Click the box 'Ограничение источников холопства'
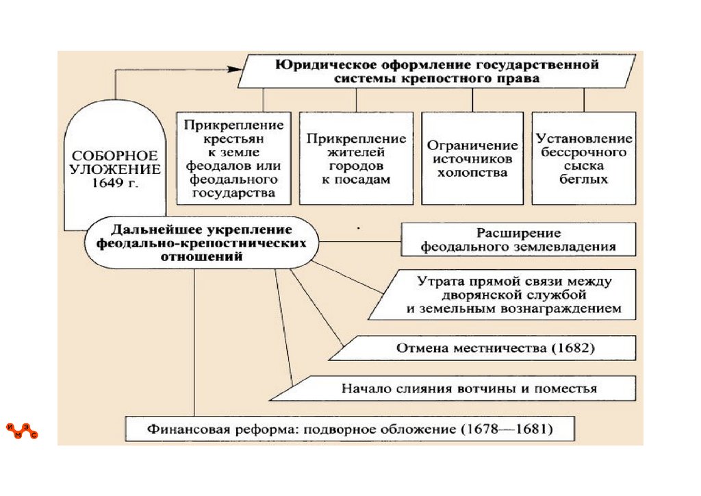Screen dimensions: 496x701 point(472,158)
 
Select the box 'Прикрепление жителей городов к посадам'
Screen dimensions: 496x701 point(356,158)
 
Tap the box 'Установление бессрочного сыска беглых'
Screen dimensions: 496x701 point(584,158)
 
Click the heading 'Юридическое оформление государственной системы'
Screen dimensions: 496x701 point(437,72)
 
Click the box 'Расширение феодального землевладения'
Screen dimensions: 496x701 point(518,239)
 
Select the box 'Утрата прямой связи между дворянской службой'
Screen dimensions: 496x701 point(507,295)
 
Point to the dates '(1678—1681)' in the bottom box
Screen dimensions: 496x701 point(507,430)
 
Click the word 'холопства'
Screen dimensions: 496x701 point(472,173)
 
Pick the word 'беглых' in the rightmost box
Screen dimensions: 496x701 point(584,179)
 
